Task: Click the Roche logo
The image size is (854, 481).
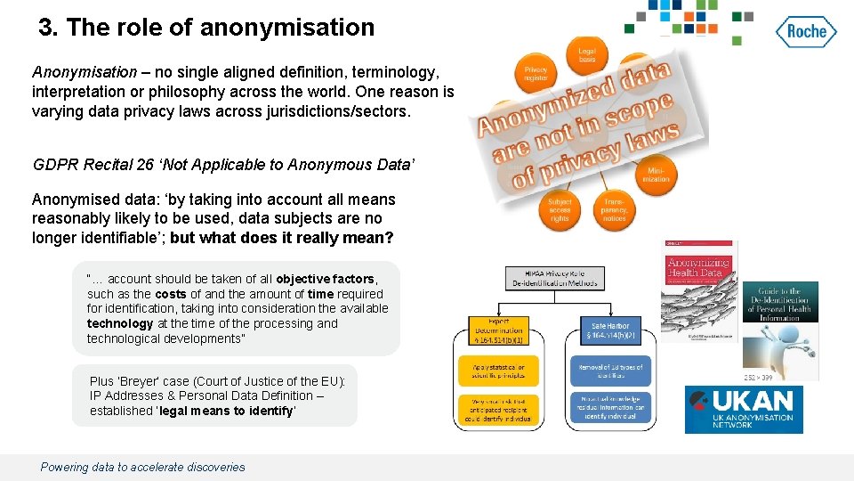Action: [807, 32]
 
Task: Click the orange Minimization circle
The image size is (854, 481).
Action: [656, 175]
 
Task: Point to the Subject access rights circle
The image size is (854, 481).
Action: [560, 210]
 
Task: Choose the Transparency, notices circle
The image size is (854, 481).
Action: [613, 210]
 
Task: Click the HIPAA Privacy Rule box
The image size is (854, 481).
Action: [554, 278]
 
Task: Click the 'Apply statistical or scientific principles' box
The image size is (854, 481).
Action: [498, 371]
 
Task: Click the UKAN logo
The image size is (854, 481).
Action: [744, 409]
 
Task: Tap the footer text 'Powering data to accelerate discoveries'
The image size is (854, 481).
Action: [142, 467]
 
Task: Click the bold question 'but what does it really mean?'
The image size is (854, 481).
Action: [281, 238]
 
